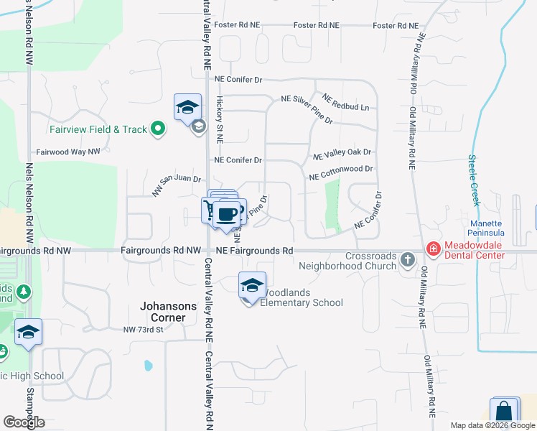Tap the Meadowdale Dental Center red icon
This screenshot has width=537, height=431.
433,249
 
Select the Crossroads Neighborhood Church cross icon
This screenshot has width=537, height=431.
408,259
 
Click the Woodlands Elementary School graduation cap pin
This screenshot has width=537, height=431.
252,285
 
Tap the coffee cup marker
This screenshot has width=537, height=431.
228,213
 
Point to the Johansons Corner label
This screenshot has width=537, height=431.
167,312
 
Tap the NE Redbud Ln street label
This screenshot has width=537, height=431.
345,102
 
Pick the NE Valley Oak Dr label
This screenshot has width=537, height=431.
342,153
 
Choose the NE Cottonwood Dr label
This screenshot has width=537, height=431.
342,172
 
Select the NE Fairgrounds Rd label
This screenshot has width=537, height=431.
255,251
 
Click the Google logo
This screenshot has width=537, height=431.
24,422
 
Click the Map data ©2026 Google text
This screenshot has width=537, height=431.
492,425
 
